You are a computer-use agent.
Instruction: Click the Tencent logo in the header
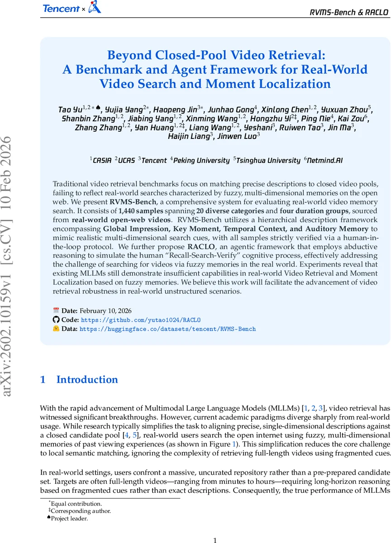pos(61,8)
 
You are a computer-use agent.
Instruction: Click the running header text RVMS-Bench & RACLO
pos(349,12)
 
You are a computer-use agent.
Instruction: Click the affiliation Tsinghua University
pos(268,160)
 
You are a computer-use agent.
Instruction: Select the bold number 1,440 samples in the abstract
pos(138,211)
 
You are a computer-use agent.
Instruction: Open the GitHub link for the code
pos(140,320)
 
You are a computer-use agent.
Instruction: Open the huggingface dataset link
pos(167,329)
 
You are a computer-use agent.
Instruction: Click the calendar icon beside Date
pos(56,310)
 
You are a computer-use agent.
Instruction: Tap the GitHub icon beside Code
pos(56,320)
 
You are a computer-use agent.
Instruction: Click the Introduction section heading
pos(87,380)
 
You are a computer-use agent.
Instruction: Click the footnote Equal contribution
pos(76,504)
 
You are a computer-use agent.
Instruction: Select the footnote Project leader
pos(69,519)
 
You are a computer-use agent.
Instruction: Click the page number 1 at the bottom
pos(215,539)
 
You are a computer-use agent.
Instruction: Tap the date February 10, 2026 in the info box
pos(105,311)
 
